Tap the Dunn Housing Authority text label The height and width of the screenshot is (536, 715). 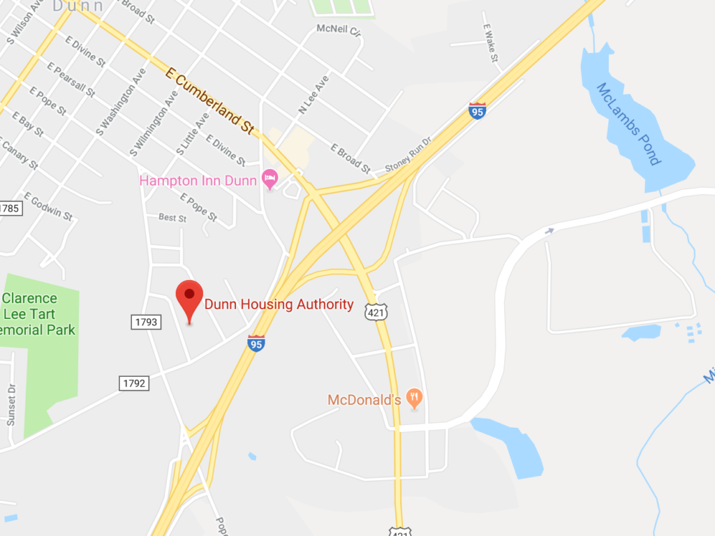(279, 304)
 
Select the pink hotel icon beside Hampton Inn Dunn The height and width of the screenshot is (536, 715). (269, 180)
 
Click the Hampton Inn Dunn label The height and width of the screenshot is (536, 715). (198, 181)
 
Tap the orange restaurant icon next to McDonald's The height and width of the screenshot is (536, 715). (415, 399)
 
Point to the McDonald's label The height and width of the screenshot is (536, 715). (364, 400)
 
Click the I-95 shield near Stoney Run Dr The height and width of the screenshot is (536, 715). (478, 110)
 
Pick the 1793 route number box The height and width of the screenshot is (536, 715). (145, 322)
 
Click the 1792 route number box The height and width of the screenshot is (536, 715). (133, 382)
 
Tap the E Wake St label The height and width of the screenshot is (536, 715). (490, 43)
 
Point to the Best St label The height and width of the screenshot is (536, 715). (172, 218)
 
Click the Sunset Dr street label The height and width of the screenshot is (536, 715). (11, 405)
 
